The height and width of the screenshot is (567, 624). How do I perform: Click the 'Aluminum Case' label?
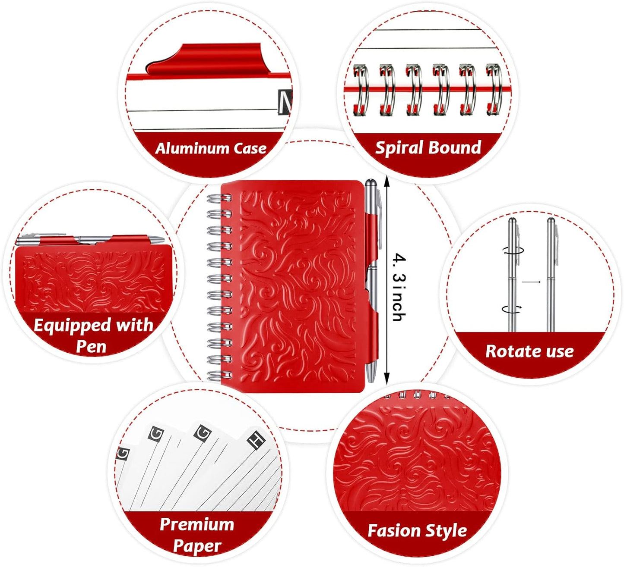tap(211, 148)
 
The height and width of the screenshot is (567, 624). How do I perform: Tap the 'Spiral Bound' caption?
tap(428, 147)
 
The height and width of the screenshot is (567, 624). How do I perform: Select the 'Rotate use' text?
tap(529, 351)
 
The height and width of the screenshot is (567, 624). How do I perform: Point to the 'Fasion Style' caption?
tap(417, 530)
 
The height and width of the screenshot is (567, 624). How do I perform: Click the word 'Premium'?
tap(197, 524)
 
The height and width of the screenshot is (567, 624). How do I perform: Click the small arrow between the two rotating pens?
tap(531, 282)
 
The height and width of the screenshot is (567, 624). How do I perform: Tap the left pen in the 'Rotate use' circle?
tap(512, 276)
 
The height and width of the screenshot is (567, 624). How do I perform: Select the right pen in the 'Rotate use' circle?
tap(551, 276)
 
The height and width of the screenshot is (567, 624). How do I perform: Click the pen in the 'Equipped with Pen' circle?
tap(91, 239)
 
